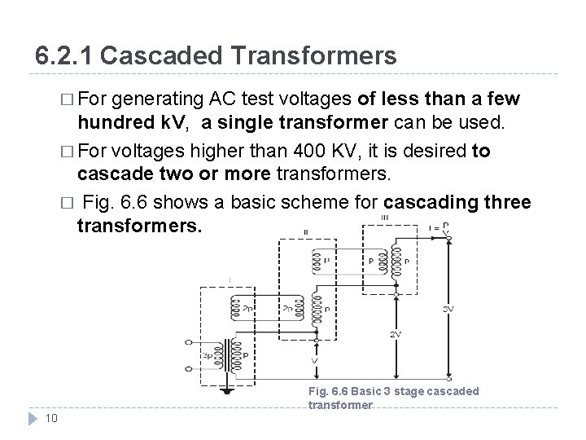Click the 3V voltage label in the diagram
(448, 309)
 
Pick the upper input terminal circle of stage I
(190, 342)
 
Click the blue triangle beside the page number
(33, 419)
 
